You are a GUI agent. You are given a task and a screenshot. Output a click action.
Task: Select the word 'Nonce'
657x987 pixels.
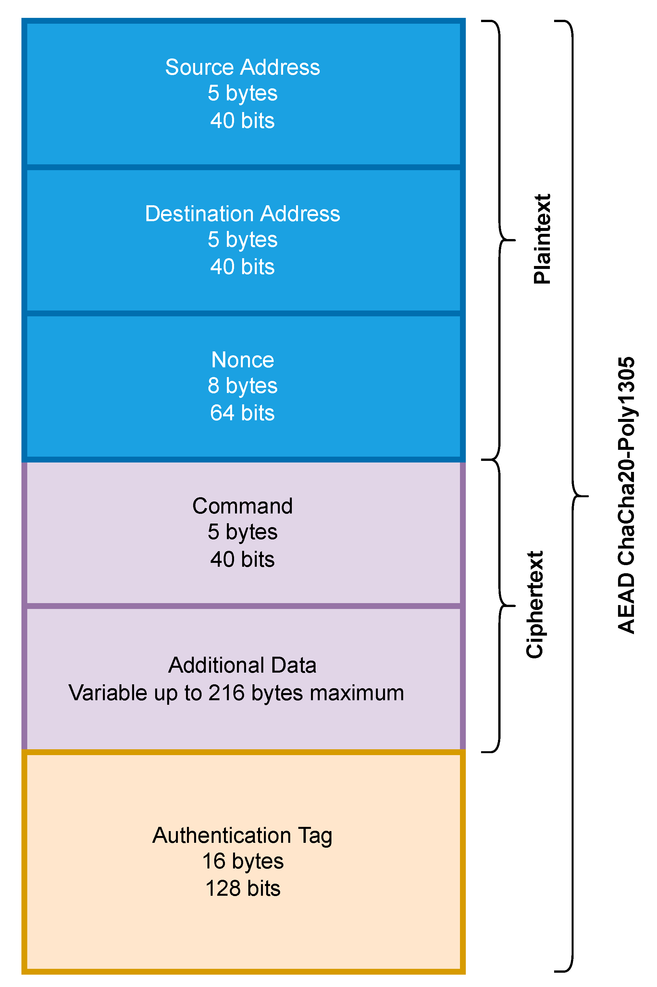click(x=242, y=360)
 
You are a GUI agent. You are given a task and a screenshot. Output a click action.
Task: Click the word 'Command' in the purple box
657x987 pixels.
click(x=242, y=506)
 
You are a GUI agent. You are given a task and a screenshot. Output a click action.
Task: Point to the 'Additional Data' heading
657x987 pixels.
click(x=242, y=665)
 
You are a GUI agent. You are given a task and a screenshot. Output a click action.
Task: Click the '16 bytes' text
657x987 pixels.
click(x=242, y=861)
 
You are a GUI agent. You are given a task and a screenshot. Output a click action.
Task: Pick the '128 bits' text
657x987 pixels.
click(x=242, y=889)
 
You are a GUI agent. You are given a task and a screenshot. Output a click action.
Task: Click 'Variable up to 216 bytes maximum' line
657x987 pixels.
click(x=236, y=693)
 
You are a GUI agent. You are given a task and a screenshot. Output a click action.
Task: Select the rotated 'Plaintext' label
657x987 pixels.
click(x=542, y=239)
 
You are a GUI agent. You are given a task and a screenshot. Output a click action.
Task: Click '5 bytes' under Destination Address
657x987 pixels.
click(x=242, y=239)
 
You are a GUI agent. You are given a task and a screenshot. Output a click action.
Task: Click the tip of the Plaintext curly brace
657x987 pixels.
click(x=514, y=240)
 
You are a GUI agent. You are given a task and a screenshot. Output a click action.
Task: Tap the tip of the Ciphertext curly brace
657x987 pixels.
click(x=514, y=606)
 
